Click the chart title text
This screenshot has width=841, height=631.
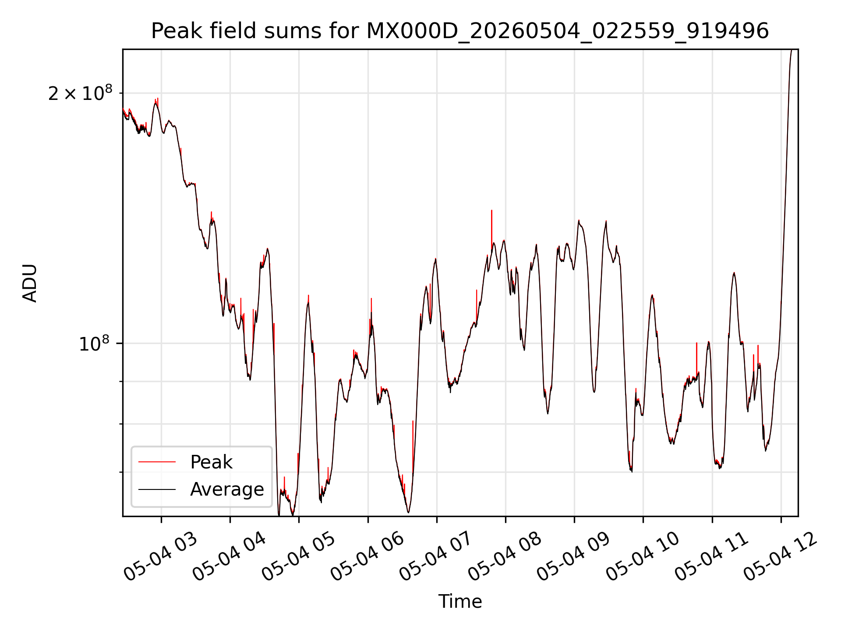[460, 31]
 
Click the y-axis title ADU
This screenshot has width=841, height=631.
[30, 283]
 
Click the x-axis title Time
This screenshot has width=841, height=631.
[460, 602]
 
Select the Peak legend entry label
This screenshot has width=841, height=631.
[211, 462]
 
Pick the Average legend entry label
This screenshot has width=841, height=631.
[227, 489]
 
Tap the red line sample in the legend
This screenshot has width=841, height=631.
[157, 462]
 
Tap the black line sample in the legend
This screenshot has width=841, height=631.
[157, 489]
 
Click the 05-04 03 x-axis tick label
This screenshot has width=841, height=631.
[161, 556]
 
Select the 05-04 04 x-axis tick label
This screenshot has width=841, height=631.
[230, 556]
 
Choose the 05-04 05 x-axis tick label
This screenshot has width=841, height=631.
[298, 556]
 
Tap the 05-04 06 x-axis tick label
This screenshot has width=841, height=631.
[367, 556]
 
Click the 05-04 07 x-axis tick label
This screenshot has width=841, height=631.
[436, 556]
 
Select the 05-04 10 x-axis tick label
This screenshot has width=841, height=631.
[643, 556]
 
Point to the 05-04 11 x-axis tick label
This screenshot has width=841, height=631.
[711, 556]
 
